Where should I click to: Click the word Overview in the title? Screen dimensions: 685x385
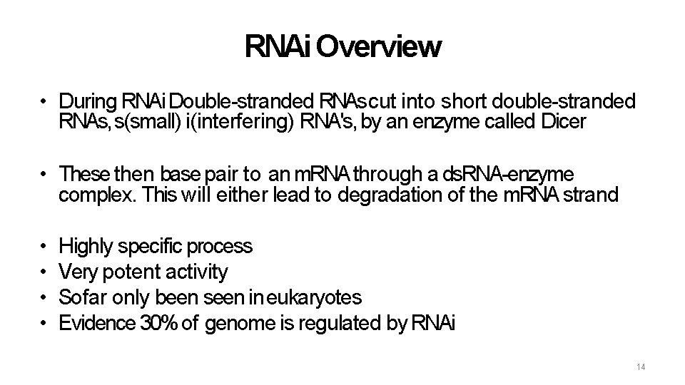click(x=377, y=47)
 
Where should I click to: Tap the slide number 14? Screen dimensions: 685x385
click(x=640, y=366)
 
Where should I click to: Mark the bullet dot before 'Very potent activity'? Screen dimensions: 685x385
click(x=44, y=272)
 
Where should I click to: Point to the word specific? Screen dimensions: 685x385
click(x=150, y=247)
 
